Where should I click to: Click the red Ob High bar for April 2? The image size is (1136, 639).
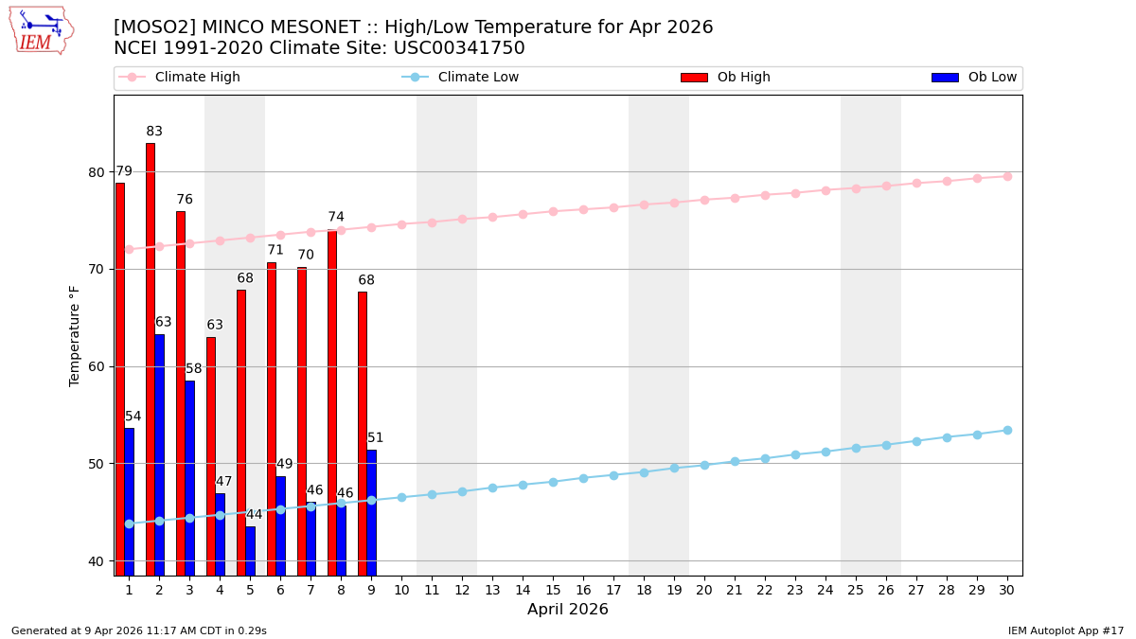151,360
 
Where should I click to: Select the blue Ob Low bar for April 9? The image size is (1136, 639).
372,512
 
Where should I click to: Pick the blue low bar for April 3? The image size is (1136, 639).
190,478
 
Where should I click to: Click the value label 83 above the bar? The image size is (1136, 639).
154,132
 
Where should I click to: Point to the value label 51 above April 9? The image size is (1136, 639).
376,438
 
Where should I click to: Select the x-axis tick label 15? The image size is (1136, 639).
553,590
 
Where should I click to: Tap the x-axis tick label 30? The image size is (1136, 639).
1007,590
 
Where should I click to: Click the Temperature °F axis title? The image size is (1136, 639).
75,335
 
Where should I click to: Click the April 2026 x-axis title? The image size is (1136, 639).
568,610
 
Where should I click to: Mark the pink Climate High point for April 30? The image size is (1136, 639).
1007,176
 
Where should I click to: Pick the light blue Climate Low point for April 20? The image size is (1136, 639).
704,465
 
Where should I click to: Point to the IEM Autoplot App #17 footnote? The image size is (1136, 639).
1066,630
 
